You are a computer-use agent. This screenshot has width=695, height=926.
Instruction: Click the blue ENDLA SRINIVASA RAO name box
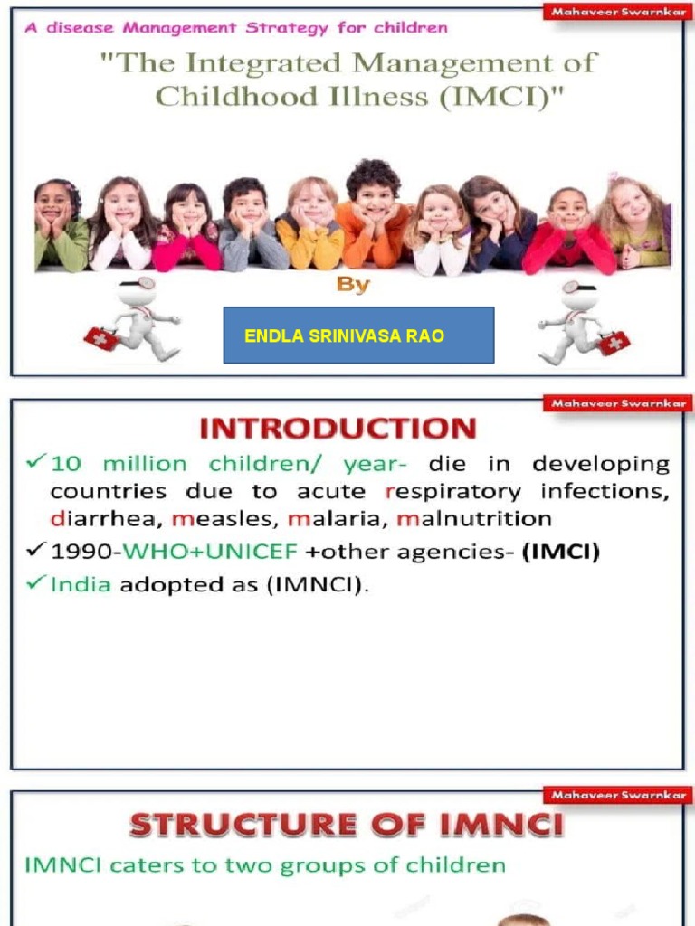[x=358, y=335]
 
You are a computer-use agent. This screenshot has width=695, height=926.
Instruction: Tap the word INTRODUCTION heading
[x=338, y=427]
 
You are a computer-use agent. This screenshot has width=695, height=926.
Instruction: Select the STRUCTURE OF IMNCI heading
[x=347, y=824]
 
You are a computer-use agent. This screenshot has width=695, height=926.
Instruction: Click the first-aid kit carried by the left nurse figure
[x=100, y=339]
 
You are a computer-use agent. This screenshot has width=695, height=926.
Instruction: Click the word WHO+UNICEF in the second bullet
[x=220, y=552]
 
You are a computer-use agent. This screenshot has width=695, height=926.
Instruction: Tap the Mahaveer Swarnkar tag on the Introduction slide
[x=619, y=403]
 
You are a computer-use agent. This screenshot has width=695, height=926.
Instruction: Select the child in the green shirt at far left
[x=60, y=226]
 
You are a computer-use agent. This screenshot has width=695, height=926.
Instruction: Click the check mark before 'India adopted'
[x=35, y=584]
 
